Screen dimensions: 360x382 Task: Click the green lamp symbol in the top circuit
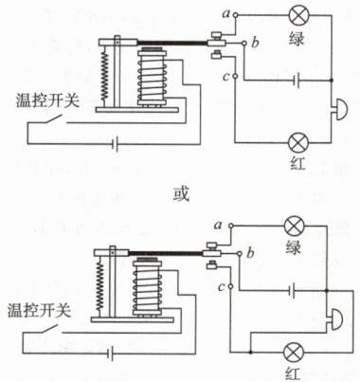(x=299, y=15)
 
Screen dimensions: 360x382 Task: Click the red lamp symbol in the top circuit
(x=298, y=142)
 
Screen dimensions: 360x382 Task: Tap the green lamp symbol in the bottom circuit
(x=295, y=227)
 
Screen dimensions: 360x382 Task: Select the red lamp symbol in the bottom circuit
(x=294, y=353)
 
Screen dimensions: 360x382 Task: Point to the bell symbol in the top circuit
(x=340, y=109)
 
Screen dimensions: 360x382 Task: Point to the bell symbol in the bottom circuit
(x=335, y=319)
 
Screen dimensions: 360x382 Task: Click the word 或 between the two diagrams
(x=181, y=193)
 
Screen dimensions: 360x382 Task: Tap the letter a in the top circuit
(x=226, y=13)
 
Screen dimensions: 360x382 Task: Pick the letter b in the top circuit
(x=255, y=42)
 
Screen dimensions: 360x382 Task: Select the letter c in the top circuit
(x=226, y=77)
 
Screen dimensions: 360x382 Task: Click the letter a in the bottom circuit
(x=218, y=225)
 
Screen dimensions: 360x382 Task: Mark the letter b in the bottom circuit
(x=250, y=253)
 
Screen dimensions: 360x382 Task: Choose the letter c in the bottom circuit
(x=222, y=287)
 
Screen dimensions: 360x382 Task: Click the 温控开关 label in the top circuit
(x=48, y=100)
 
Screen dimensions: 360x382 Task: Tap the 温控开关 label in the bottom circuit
(x=40, y=310)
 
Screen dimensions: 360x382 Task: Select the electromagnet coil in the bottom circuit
(x=147, y=288)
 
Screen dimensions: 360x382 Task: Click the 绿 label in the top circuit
(x=297, y=39)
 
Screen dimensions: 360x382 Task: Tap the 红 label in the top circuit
(x=297, y=164)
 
